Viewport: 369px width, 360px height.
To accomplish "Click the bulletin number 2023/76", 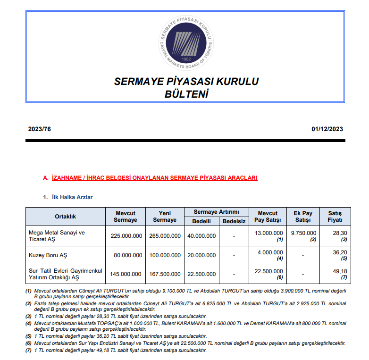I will pyautogui.click(x=39, y=129).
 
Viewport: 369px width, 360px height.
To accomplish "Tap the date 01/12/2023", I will pyautogui.click(x=327, y=129).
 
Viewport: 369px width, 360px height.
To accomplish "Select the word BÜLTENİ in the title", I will pyautogui.click(x=186, y=94).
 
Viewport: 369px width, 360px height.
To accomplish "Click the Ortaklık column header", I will pyautogui.click(x=65, y=217).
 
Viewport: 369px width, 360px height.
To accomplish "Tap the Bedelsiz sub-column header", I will pyautogui.click(x=234, y=221).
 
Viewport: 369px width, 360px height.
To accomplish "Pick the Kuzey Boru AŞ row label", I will pyautogui.click(x=48, y=255).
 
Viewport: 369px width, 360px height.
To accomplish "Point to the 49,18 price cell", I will pyautogui.click(x=340, y=271).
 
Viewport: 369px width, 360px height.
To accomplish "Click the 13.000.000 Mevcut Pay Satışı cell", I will pyautogui.click(x=268, y=233).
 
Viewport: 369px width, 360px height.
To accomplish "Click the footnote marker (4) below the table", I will pyautogui.click(x=28, y=323).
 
